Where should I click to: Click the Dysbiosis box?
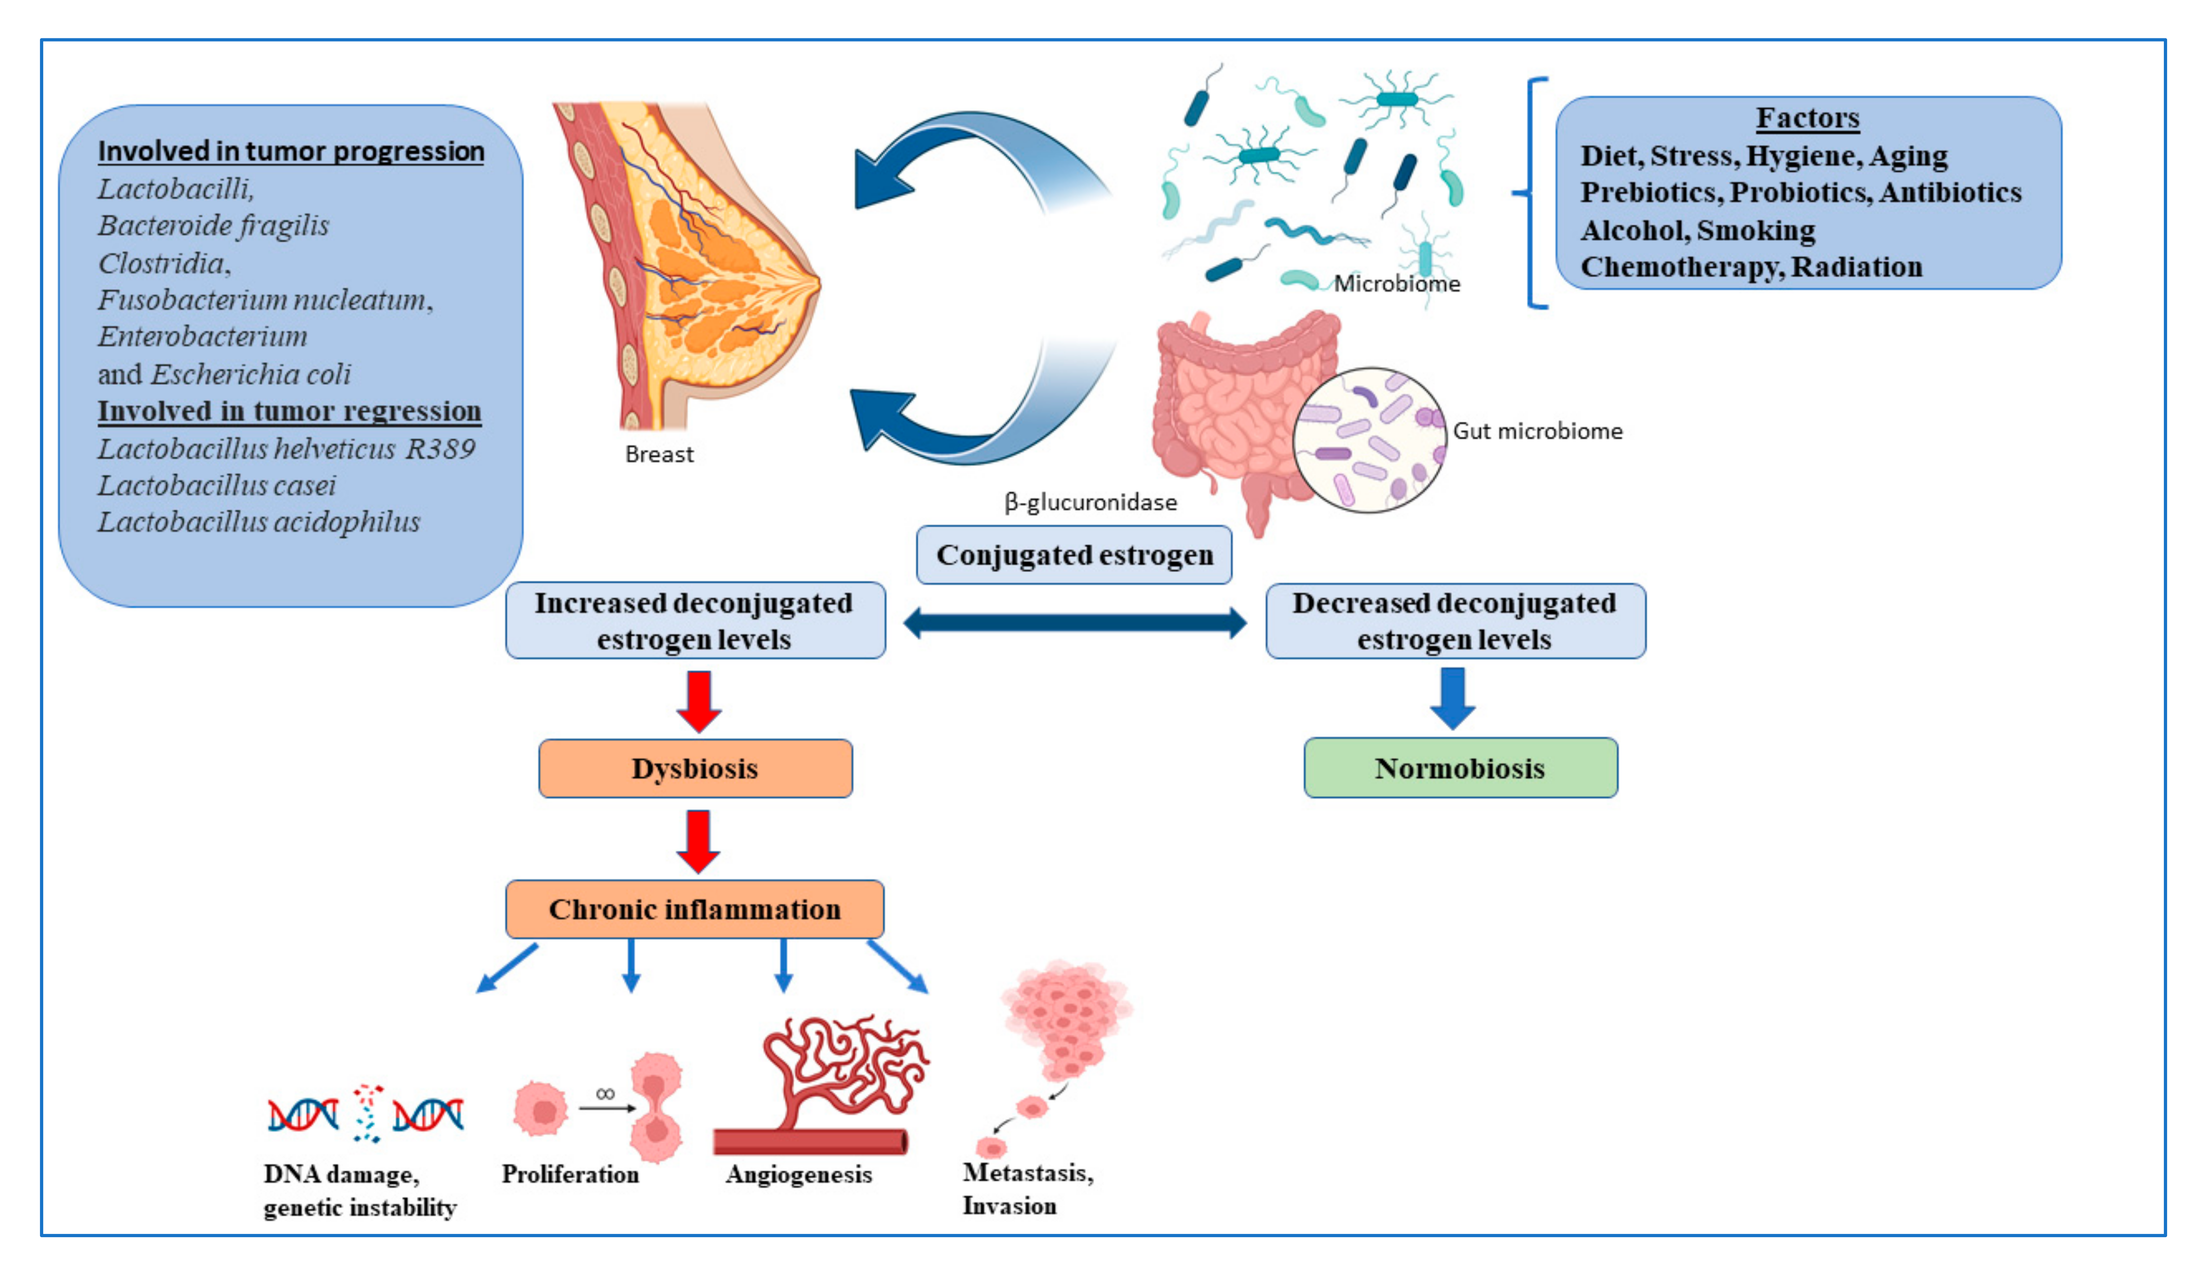click(x=695, y=769)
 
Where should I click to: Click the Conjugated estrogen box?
click(x=1074, y=555)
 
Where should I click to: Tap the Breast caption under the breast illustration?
click(x=659, y=454)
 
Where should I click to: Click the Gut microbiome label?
click(x=1537, y=431)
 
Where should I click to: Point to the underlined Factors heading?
click(x=1807, y=118)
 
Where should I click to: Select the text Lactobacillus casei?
click(x=216, y=485)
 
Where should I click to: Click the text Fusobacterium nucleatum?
click(x=264, y=300)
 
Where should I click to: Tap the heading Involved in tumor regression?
click(x=289, y=411)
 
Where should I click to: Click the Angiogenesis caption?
click(x=798, y=1174)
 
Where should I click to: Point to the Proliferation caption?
click(x=570, y=1174)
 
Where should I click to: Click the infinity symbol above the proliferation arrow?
click(x=605, y=1094)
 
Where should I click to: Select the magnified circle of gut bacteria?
click(x=1368, y=440)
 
